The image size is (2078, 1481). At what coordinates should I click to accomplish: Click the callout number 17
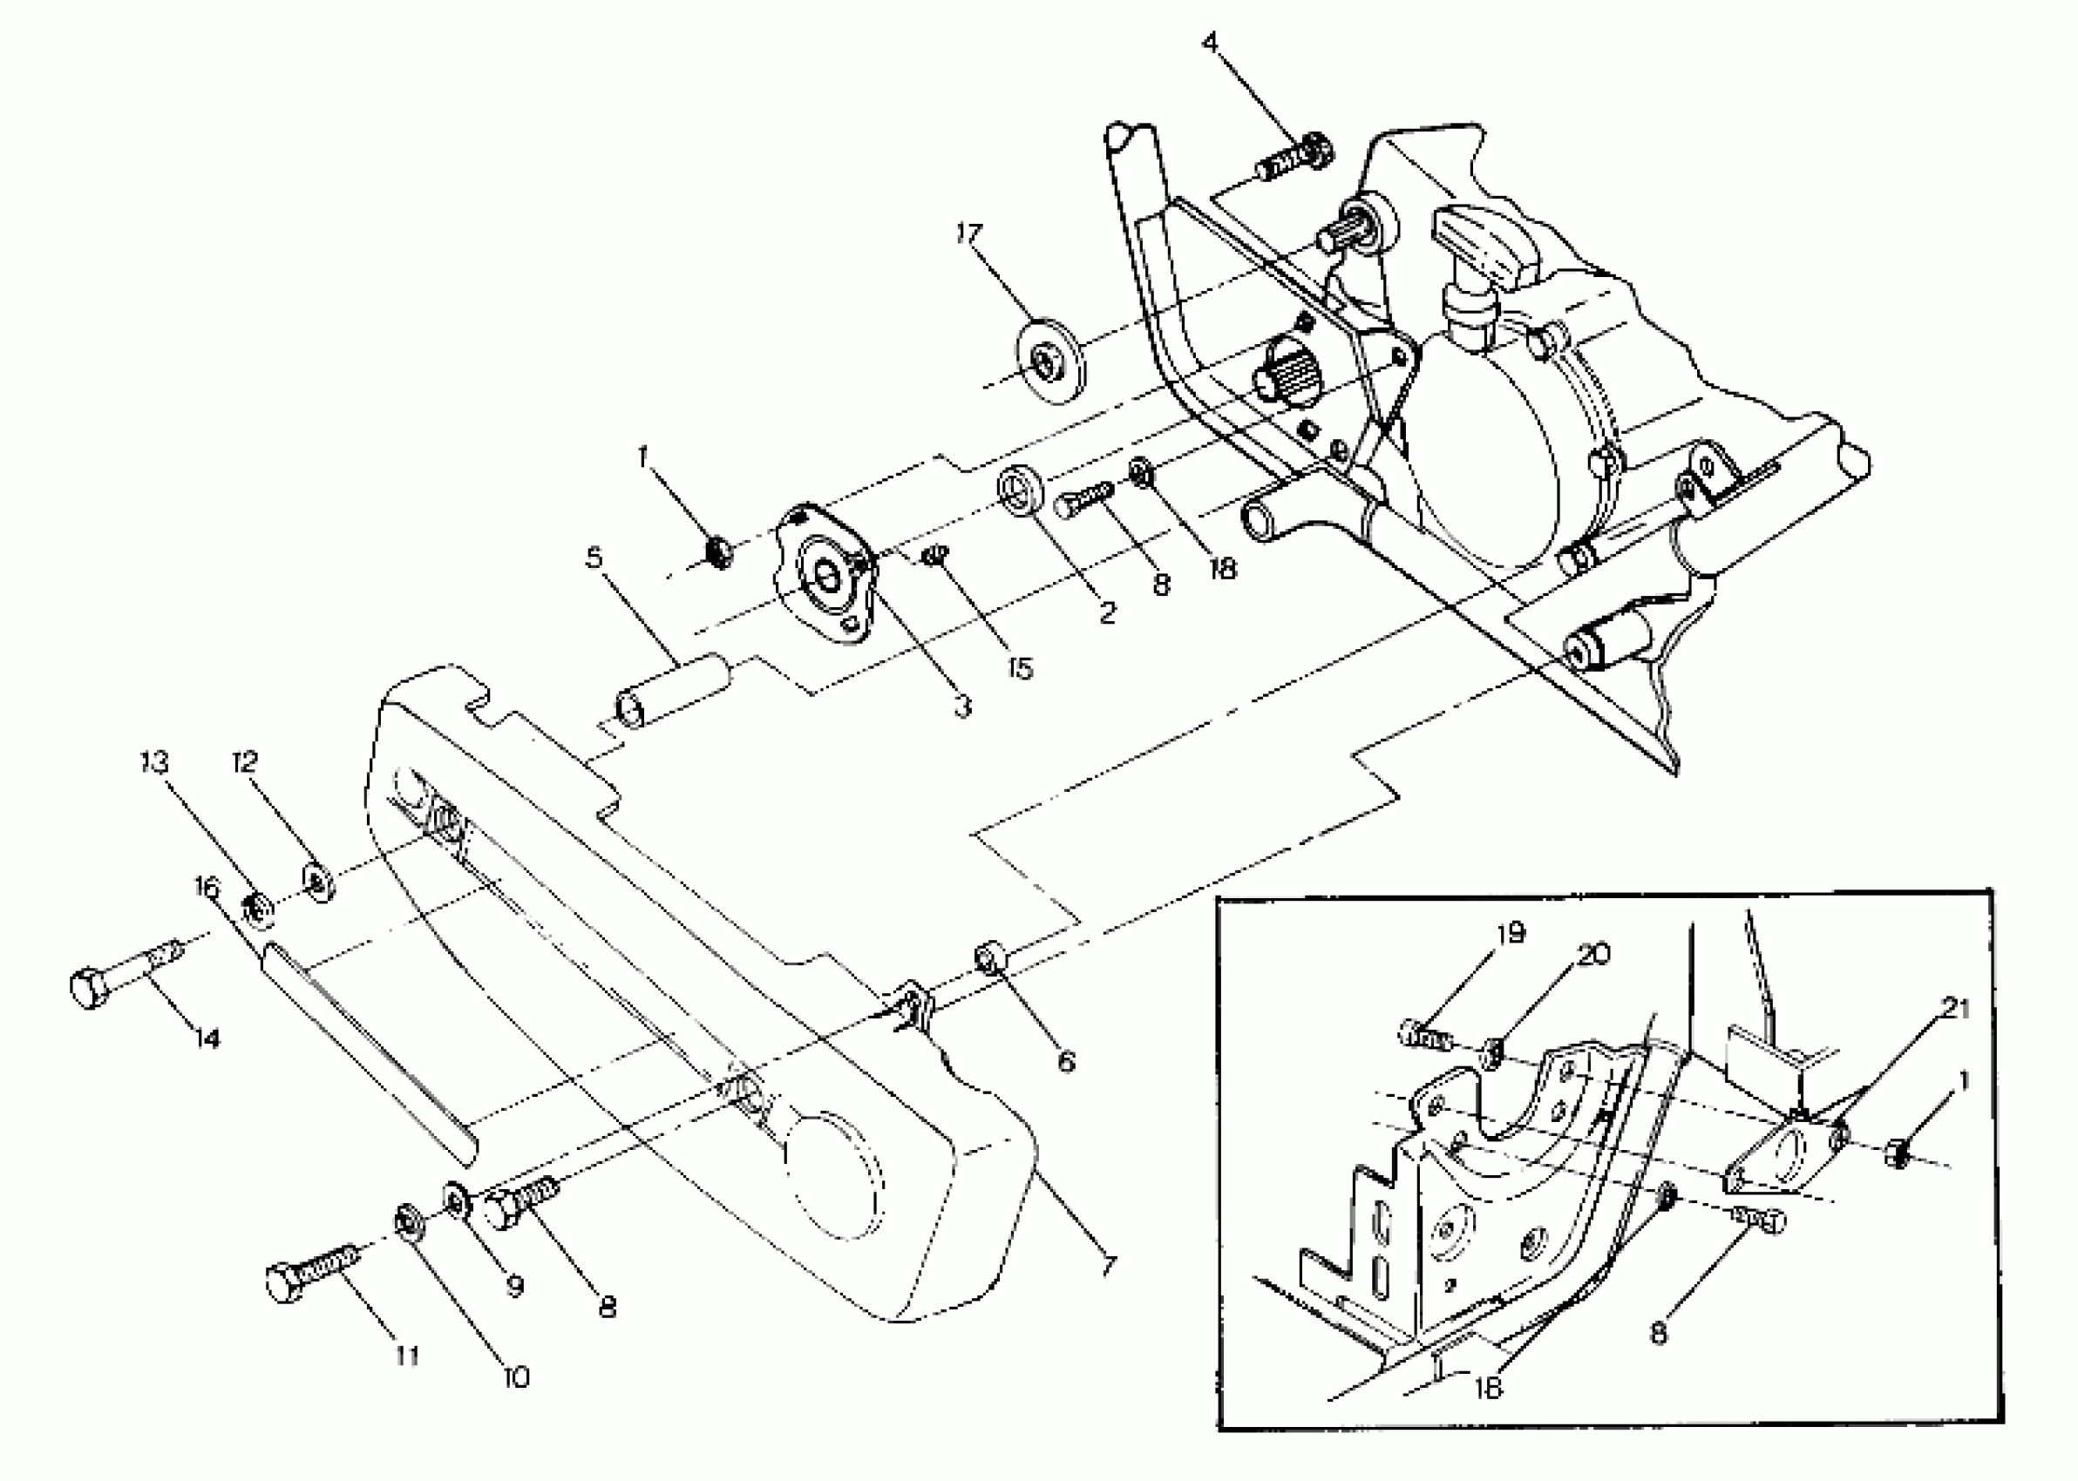(968, 234)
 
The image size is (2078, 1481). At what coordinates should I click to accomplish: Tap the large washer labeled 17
(1050, 362)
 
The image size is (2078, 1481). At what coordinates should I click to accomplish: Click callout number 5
(594, 557)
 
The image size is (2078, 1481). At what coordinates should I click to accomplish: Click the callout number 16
(208, 886)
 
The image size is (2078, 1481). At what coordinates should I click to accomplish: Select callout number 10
(516, 1376)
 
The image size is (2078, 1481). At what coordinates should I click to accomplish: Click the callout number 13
(155, 762)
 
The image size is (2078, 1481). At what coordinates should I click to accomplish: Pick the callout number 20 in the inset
(1593, 955)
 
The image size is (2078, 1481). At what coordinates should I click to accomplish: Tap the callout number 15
(1021, 668)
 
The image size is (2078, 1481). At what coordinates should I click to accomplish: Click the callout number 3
(962, 707)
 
